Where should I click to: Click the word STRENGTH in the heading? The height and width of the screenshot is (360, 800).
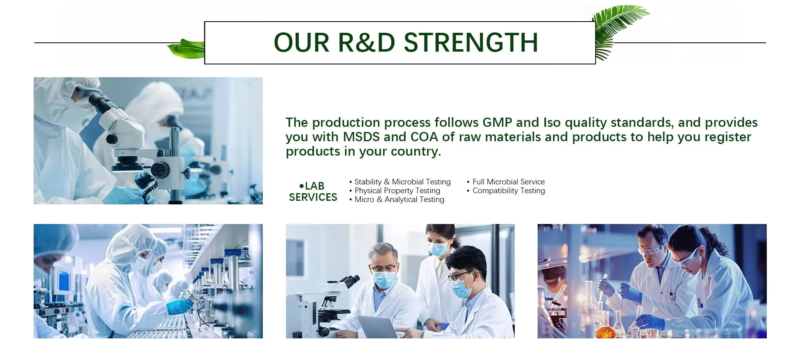471,42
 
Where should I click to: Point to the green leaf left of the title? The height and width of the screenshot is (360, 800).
186,49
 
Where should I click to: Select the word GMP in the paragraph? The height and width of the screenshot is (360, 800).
497,122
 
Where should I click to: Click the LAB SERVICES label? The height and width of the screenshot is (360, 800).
313,192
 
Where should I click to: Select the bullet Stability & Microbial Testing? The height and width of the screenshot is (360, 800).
400,182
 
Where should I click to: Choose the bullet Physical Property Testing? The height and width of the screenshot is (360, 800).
395,191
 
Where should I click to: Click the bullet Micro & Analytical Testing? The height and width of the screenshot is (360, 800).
397,200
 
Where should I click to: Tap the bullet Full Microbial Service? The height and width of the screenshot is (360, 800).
506,182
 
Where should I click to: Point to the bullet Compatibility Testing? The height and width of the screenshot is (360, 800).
506,191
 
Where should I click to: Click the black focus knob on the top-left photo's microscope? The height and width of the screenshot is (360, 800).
160,170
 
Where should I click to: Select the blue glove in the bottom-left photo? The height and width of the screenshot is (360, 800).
180,306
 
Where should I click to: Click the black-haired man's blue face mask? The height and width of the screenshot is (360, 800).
462,288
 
